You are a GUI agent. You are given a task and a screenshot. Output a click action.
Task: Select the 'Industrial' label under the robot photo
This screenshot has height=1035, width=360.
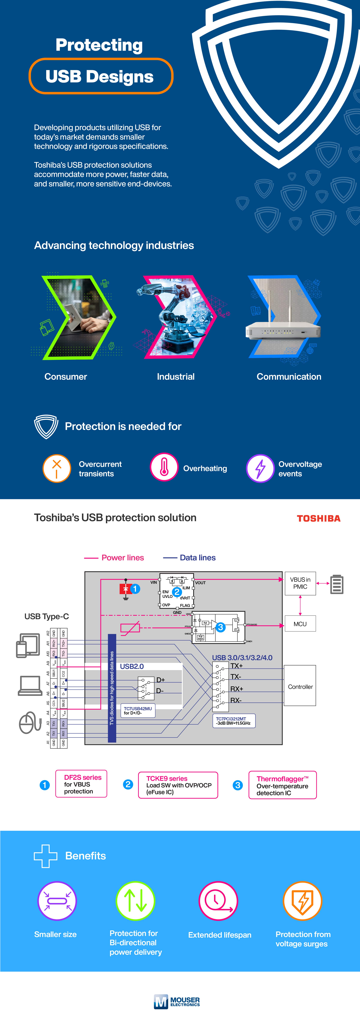[176, 377]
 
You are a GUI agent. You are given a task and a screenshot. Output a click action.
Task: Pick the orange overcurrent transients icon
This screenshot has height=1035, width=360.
[57, 468]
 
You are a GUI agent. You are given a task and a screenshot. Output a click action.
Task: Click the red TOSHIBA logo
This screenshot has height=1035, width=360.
[319, 518]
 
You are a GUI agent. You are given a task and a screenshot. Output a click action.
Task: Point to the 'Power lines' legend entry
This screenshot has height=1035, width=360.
[114, 558]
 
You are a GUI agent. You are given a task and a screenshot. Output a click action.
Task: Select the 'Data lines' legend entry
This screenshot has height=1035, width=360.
[190, 558]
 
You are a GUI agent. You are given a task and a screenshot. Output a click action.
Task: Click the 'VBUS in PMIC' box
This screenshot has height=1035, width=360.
[300, 583]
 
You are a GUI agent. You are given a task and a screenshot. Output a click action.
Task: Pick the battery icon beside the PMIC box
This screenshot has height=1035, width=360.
[337, 584]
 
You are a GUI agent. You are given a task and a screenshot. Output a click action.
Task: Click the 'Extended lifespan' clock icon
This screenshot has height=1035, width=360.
[218, 901]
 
